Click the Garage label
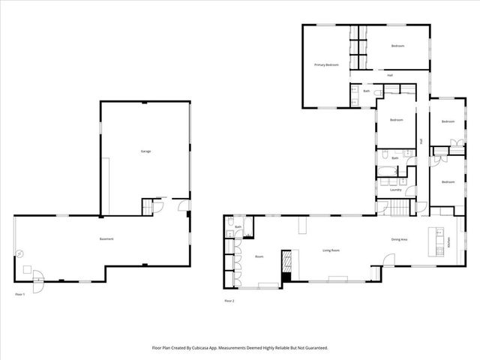(x=145, y=151)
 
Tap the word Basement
(x=106, y=238)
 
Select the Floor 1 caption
(x=19, y=294)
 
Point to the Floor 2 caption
(x=229, y=301)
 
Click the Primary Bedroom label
(x=326, y=65)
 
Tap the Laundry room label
(x=395, y=189)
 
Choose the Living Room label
(x=331, y=250)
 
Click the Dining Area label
(x=399, y=239)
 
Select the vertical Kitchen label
(x=448, y=242)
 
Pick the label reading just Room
(x=259, y=256)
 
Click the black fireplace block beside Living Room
(x=286, y=276)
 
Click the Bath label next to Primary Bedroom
(x=367, y=91)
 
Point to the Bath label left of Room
(x=238, y=226)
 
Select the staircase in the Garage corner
(x=147, y=205)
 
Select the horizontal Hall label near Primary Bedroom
(x=390, y=75)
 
